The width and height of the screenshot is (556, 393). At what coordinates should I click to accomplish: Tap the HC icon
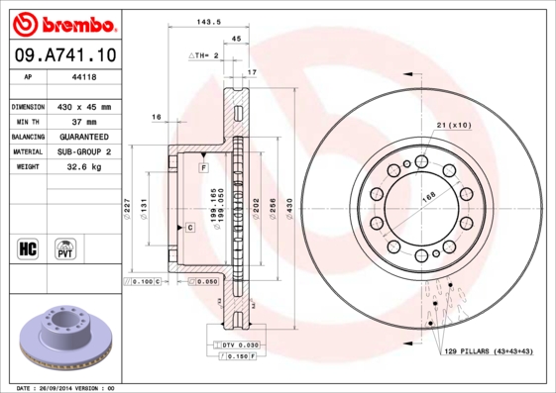pyautogui.click(x=27, y=246)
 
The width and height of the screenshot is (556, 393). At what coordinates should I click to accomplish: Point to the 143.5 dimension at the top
pyautogui.click(x=206, y=19)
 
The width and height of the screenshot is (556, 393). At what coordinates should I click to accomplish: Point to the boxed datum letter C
pyautogui.click(x=188, y=228)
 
